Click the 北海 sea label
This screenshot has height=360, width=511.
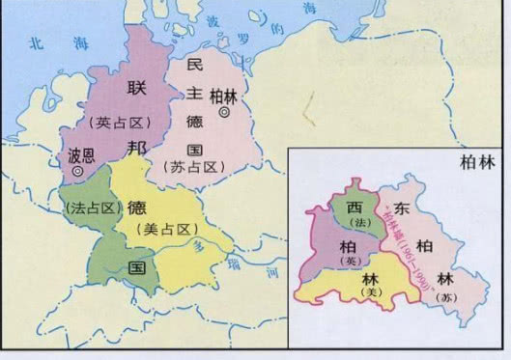point(51,42)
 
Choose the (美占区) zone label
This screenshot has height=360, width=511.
point(161,228)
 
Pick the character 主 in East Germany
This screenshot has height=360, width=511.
point(193,97)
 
